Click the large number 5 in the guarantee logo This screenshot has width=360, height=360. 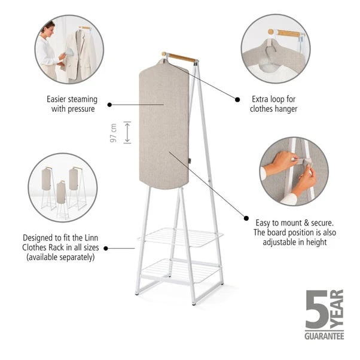click(316, 309)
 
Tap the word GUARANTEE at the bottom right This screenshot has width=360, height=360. click(324, 337)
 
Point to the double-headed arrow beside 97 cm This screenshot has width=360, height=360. click(127, 132)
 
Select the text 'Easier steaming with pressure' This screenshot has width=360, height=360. click(72, 104)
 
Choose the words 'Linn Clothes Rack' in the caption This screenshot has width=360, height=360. click(72, 246)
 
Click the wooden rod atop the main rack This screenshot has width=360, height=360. click(179, 57)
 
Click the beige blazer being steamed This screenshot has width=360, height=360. click(81, 57)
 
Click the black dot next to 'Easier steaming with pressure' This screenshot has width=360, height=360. click(110, 104)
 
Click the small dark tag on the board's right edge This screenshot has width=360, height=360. click(188, 160)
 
